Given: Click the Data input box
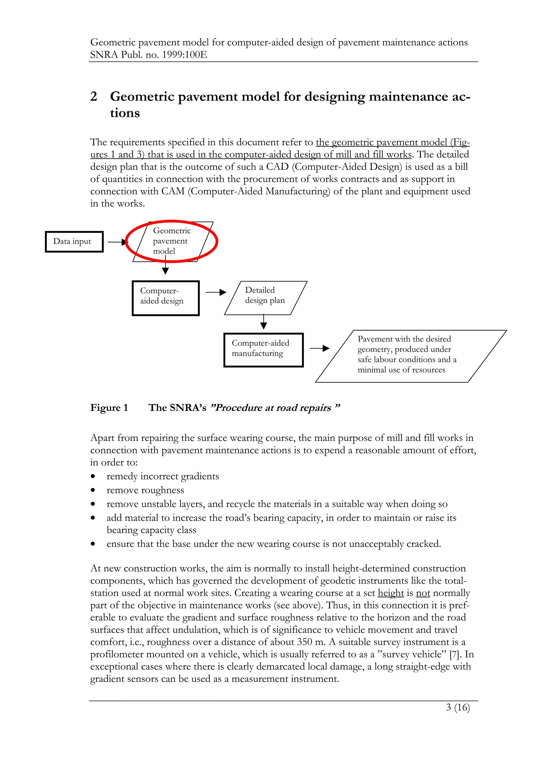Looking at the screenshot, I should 74,242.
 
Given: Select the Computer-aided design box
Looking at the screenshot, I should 166,298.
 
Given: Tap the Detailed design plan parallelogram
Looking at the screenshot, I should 265,297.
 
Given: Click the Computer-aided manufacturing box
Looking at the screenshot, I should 263,350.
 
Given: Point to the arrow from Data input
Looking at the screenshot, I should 117,242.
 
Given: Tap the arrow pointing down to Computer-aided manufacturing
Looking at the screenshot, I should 263,322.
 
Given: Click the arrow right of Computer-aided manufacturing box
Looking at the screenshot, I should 319,348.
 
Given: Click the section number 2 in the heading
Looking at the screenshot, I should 94,97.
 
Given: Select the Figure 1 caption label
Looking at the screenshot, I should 109,408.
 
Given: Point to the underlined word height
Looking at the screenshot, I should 391,593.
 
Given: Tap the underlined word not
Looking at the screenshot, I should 423,593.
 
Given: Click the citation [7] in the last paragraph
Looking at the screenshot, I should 454,654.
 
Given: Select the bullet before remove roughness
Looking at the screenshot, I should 93,490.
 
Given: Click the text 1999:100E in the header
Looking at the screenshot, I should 184,55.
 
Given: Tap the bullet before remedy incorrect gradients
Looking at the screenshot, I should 93,476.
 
